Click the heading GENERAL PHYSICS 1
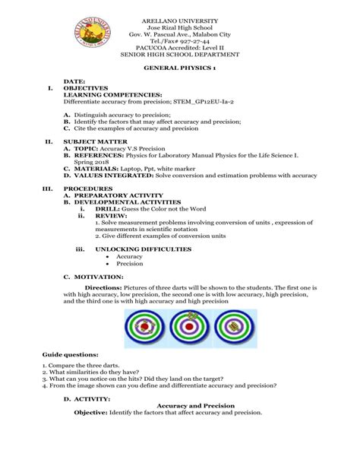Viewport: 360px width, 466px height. click(180, 68)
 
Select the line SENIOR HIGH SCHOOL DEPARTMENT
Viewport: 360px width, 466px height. click(179, 55)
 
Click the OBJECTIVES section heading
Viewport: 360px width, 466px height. click(86, 87)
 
